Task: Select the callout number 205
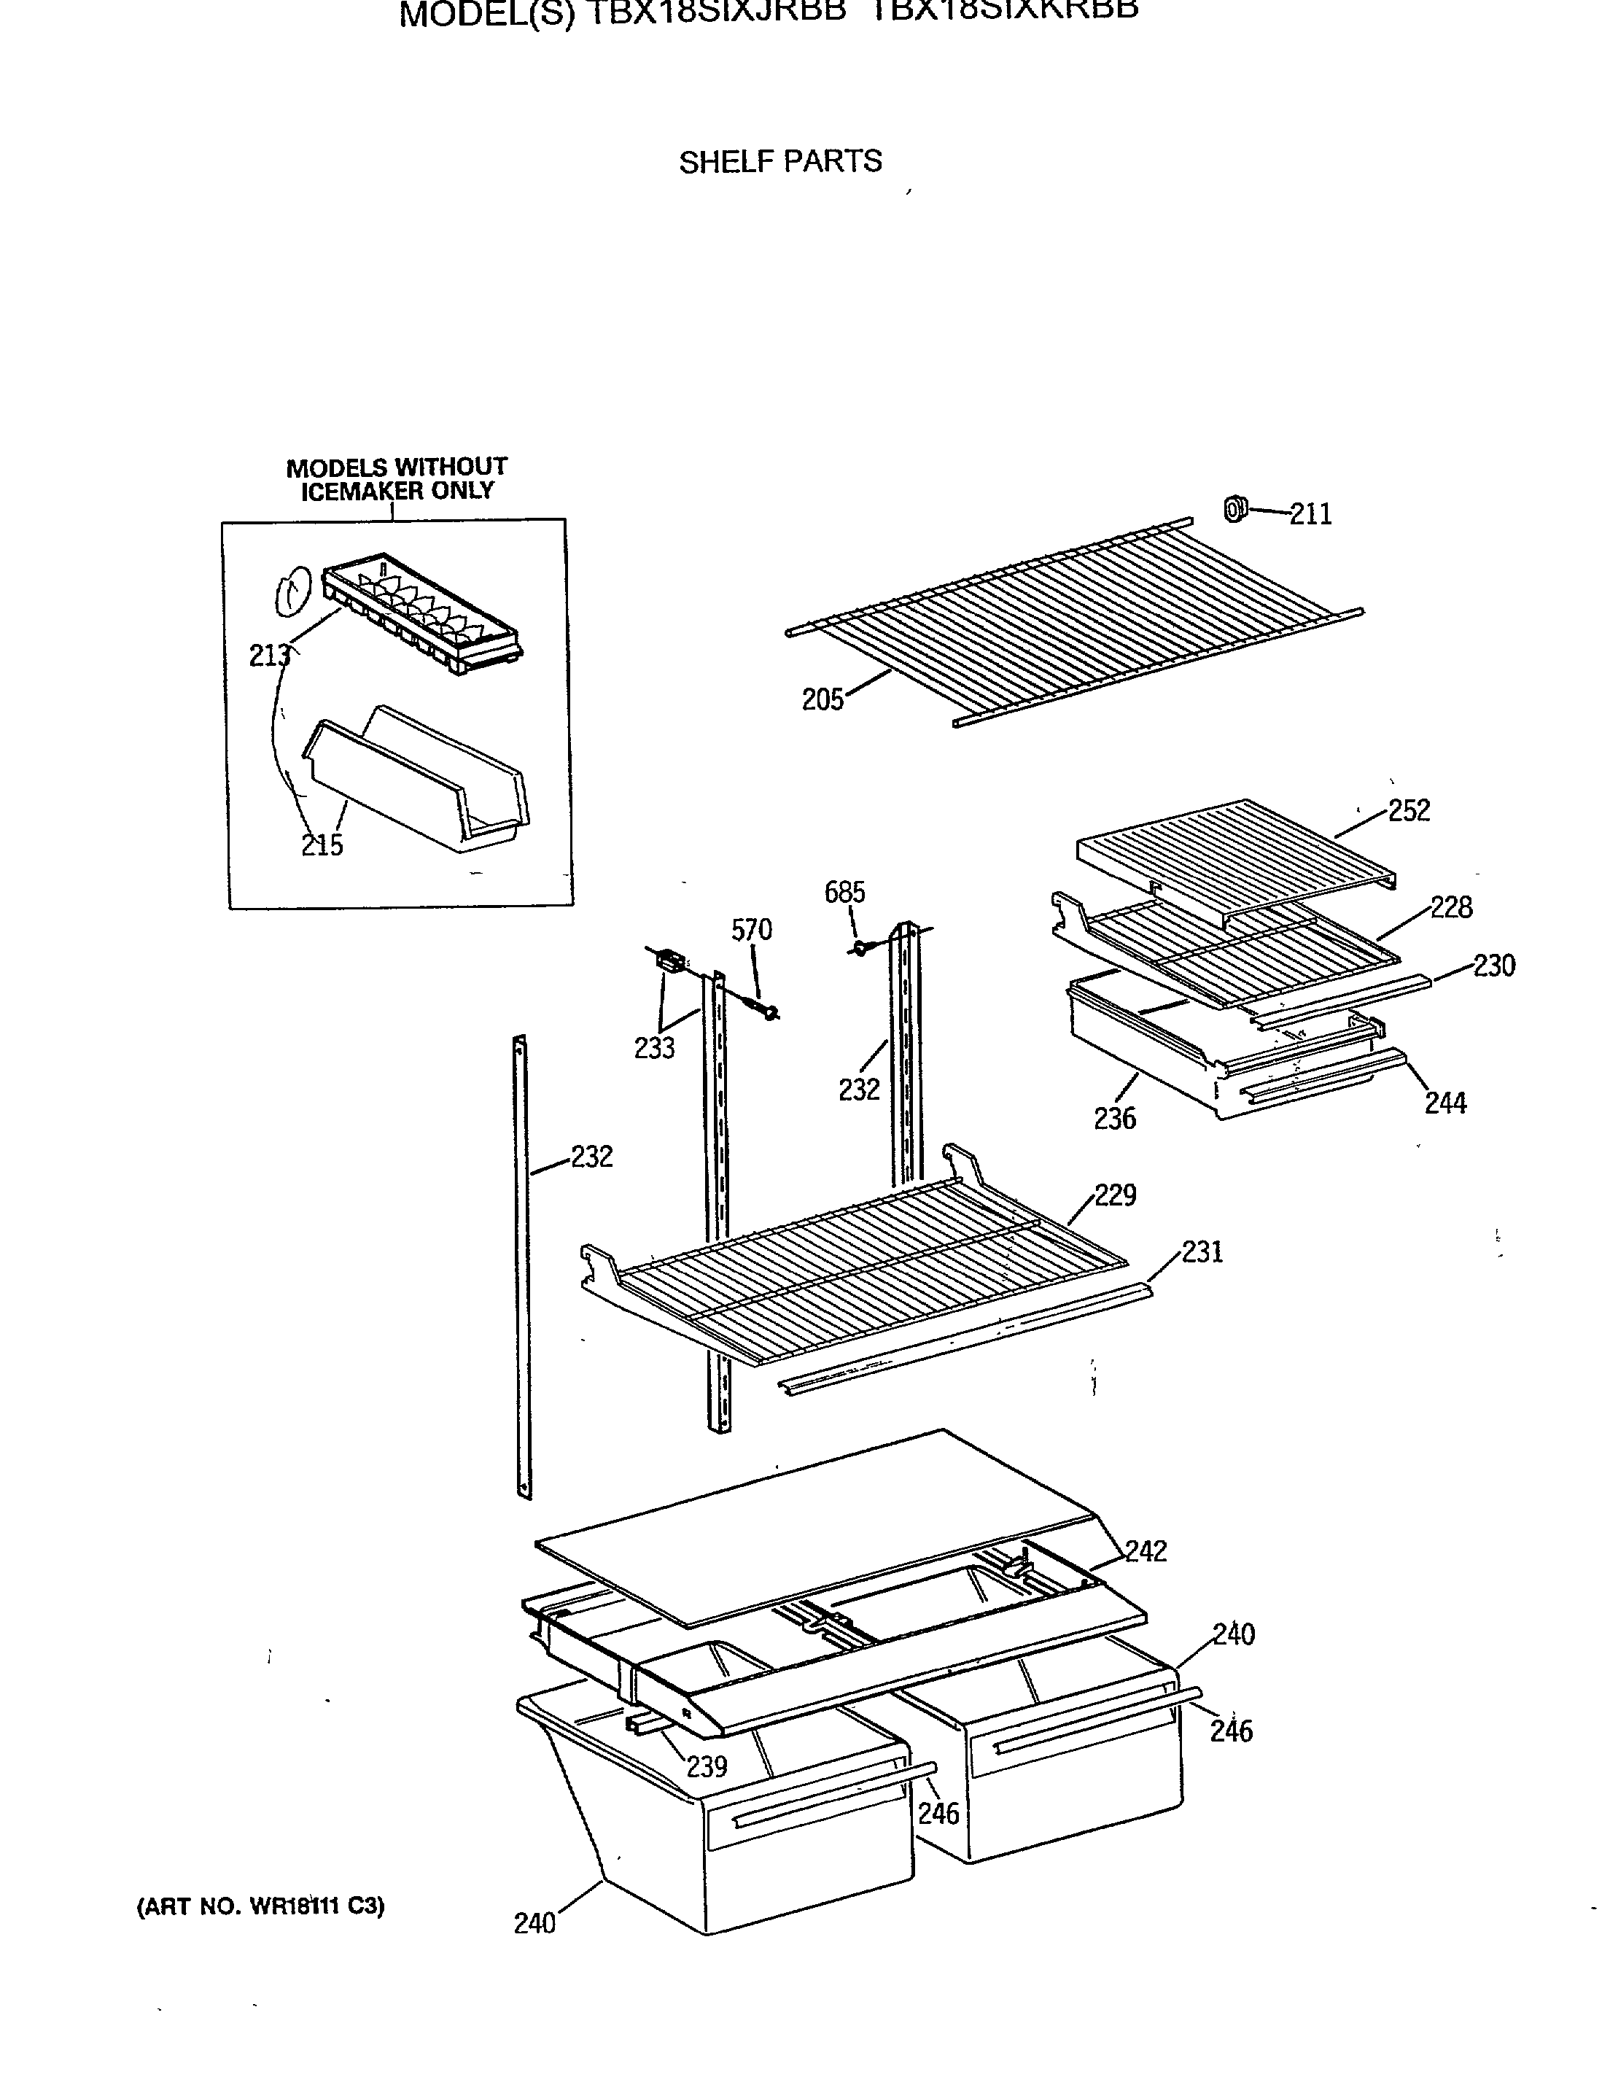click(822, 700)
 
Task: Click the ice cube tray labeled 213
click(423, 613)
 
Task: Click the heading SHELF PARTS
click(779, 162)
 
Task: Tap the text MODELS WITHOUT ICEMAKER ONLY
click(397, 479)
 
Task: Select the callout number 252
click(1409, 810)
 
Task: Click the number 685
click(844, 892)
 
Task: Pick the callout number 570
click(751, 930)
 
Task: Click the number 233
click(654, 1048)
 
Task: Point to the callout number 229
click(1115, 1195)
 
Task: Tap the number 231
click(1202, 1251)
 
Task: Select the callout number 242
click(1146, 1551)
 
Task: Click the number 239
click(707, 1767)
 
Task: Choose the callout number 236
click(1115, 1119)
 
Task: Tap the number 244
click(1445, 1103)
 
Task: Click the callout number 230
click(1494, 966)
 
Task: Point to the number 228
click(1451, 907)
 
